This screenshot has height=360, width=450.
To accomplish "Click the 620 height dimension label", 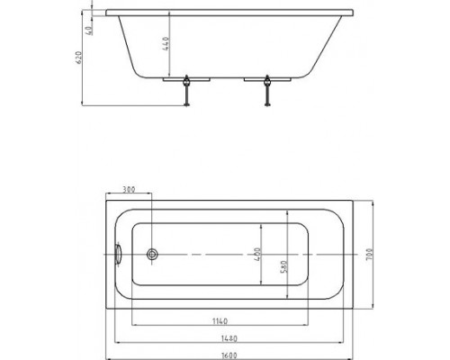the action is click(x=79, y=58).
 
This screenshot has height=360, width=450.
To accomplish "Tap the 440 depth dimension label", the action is click(x=166, y=44).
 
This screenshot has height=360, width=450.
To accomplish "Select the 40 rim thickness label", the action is click(x=89, y=31).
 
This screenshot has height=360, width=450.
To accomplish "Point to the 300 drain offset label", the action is click(x=129, y=190).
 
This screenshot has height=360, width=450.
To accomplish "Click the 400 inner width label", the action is click(x=257, y=254).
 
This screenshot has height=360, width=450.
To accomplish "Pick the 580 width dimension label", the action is click(x=283, y=266).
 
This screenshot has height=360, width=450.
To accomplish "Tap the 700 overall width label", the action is click(x=369, y=255).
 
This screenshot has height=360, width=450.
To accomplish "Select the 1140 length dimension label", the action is click(x=220, y=321).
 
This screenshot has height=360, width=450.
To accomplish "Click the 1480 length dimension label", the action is click(x=229, y=338).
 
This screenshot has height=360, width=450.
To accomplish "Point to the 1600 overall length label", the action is click(x=229, y=356).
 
